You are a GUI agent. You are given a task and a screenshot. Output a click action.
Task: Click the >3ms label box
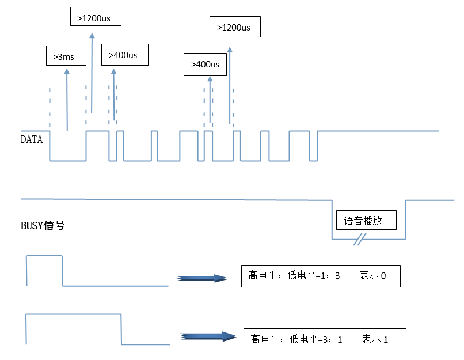[x=65, y=56]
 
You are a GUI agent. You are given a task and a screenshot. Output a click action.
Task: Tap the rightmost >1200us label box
[x=234, y=26]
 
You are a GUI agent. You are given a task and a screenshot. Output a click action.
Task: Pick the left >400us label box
[x=125, y=55]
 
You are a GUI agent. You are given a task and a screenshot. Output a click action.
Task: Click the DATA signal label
[x=32, y=139]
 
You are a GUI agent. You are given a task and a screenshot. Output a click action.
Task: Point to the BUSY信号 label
[x=43, y=226]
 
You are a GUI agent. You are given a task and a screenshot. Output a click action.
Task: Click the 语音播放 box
[x=367, y=219]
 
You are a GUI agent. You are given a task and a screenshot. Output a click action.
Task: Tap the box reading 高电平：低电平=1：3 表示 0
[x=320, y=276]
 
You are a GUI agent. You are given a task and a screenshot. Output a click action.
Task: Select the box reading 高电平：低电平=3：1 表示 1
[x=325, y=339]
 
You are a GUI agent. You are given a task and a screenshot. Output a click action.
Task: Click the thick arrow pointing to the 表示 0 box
[x=201, y=278]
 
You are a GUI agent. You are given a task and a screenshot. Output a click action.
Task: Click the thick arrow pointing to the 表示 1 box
[x=207, y=337]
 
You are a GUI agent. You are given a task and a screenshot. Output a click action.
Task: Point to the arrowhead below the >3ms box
[x=67, y=71]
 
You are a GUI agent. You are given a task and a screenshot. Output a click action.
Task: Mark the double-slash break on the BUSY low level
[x=360, y=239]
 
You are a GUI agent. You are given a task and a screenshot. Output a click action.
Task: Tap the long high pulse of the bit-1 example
[x=74, y=314]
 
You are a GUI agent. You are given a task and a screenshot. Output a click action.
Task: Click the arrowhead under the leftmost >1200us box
[x=92, y=36]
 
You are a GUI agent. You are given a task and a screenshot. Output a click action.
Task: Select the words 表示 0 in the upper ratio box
[x=372, y=276]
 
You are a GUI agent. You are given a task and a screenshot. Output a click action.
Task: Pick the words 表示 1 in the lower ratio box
[x=375, y=339]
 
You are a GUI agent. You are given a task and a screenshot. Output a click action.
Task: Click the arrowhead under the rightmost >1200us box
[x=230, y=50]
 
